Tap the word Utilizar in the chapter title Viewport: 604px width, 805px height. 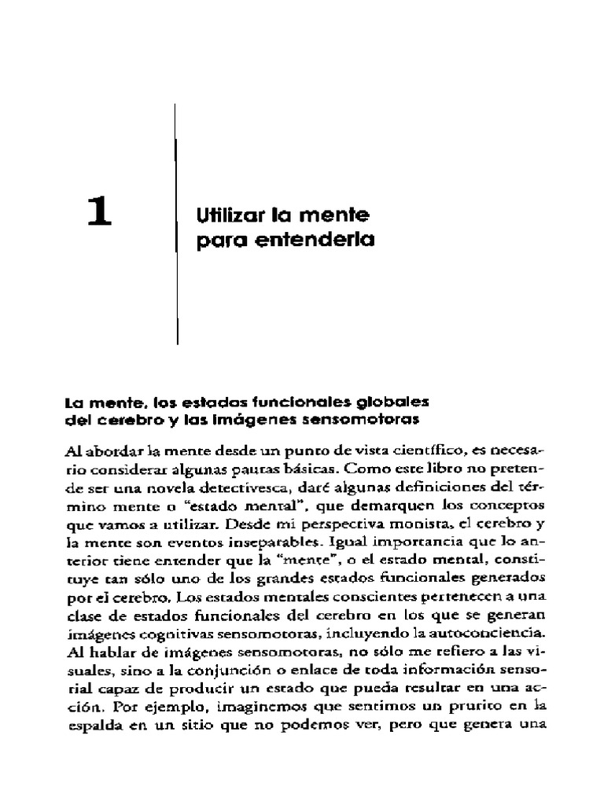(x=223, y=214)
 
